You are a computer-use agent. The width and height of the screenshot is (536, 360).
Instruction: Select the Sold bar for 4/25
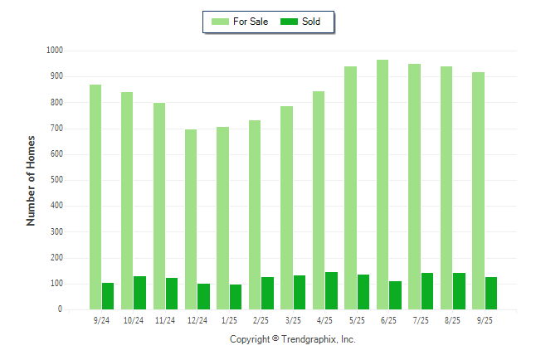pyautogui.click(x=331, y=290)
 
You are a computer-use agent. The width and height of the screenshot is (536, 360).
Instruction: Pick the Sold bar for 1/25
pyautogui.click(x=236, y=297)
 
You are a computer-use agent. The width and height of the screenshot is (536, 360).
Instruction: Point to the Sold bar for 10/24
pyautogui.click(x=139, y=293)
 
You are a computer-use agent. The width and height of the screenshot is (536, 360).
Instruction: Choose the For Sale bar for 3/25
pyautogui.click(x=286, y=207)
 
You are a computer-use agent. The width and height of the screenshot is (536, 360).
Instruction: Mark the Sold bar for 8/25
pyautogui.click(x=459, y=291)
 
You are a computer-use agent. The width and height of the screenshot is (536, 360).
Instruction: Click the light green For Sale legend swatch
pyautogui.click(x=220, y=22)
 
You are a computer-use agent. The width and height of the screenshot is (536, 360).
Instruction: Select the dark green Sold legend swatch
pyautogui.click(x=290, y=22)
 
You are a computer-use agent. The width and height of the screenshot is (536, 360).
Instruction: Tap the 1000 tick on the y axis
pyautogui.click(x=55, y=51)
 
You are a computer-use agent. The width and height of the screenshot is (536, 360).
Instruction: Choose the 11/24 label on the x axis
pyautogui.click(x=165, y=320)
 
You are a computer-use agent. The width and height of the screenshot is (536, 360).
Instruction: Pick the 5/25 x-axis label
pyautogui.click(x=356, y=320)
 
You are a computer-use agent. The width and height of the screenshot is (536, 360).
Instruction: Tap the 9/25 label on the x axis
pyautogui.click(x=484, y=320)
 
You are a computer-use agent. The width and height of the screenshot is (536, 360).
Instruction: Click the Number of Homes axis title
pyautogui.click(x=32, y=180)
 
